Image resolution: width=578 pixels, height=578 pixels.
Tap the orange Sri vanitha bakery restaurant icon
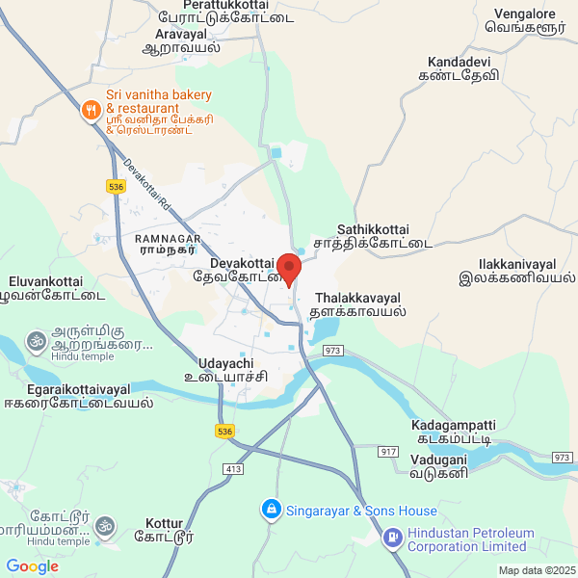click(91, 111)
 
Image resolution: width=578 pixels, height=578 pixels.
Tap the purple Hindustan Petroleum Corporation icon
click(393, 538)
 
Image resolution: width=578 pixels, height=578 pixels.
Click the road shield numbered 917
click(389, 451)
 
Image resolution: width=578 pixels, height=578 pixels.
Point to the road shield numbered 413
click(232, 469)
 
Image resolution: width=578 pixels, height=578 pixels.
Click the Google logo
click(32, 565)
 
